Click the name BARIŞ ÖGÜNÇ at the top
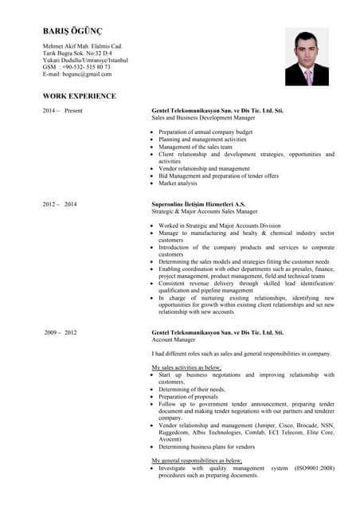click(72, 31)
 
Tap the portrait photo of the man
click(307, 57)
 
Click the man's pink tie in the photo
click(308, 76)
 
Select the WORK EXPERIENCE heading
click(79, 96)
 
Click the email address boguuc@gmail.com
click(77, 74)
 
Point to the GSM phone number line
click(76, 67)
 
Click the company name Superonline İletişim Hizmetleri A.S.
click(198, 205)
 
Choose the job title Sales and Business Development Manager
click(203, 117)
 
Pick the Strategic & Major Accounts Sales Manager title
click(205, 212)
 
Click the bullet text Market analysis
click(178, 183)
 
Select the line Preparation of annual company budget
click(205, 131)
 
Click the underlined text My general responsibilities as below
click(197, 461)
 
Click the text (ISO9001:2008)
click(315, 468)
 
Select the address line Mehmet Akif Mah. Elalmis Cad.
click(82, 47)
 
